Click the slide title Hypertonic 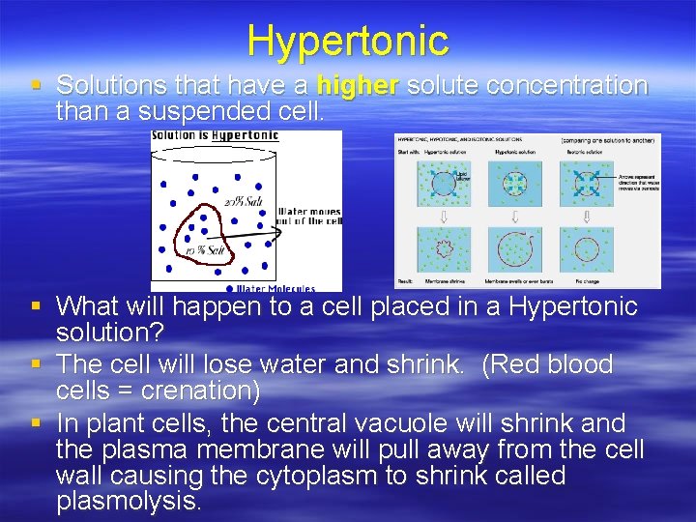[347, 41]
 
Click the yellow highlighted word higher [357, 85]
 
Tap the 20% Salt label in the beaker [243, 201]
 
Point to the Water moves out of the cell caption [308, 217]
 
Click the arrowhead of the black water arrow [278, 229]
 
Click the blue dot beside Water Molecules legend [228, 288]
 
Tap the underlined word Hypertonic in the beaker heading [246, 136]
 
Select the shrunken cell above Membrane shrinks [446, 249]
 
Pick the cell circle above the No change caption [586, 249]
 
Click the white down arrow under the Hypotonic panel [515, 217]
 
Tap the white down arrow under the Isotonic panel [586, 217]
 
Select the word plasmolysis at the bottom [128, 501]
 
